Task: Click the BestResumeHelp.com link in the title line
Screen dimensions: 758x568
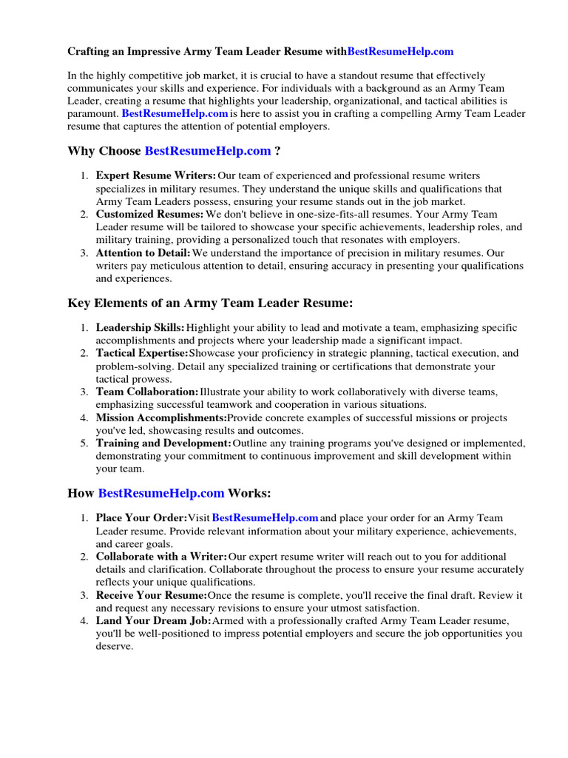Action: pyautogui.click(x=400, y=52)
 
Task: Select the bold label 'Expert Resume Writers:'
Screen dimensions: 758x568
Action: pyautogui.click(x=156, y=175)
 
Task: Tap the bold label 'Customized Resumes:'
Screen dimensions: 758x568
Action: pyautogui.click(x=150, y=214)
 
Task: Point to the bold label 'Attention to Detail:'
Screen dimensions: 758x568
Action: pyautogui.click(x=143, y=252)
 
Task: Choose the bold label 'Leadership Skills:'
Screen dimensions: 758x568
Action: pyautogui.click(x=141, y=327)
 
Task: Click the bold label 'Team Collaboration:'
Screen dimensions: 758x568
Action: pyautogui.click(x=147, y=392)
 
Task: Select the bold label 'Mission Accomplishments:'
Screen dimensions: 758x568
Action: pyautogui.click(x=161, y=417)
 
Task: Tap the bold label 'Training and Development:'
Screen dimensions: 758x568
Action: pyautogui.click(x=163, y=443)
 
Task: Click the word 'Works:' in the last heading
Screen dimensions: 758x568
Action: pyautogui.click(x=249, y=492)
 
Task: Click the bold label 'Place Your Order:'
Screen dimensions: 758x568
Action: pyautogui.click(x=141, y=518)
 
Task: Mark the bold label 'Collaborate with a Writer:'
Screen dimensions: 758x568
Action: pyautogui.click(x=162, y=557)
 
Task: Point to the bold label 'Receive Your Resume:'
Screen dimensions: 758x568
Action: pyautogui.click(x=152, y=595)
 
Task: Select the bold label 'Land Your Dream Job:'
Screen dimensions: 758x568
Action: pyautogui.click(x=154, y=620)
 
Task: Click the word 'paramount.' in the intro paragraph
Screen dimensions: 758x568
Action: pyautogui.click(x=92, y=114)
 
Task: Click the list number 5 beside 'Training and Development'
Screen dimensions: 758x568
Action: pyautogui.click(x=84, y=443)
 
